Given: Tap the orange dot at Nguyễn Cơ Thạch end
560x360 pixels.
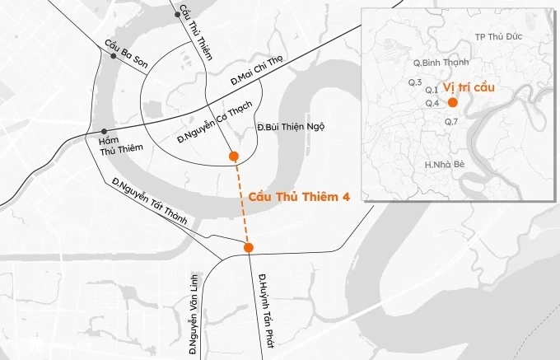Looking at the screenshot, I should coord(235,156).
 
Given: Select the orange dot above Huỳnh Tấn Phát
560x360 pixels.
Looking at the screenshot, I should coord(249,247).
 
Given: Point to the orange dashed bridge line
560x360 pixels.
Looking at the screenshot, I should coord(241,202).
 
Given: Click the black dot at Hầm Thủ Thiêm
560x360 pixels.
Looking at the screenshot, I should coord(104,132).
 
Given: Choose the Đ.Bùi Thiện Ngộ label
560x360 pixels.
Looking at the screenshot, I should coord(292,127).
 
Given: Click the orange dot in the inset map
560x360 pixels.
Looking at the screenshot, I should coord(453,102).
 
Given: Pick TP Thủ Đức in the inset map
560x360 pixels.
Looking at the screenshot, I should coord(500,37).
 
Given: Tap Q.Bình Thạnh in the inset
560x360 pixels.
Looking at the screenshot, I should coord(441,62).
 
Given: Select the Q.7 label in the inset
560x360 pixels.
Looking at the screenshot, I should coord(450,122).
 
